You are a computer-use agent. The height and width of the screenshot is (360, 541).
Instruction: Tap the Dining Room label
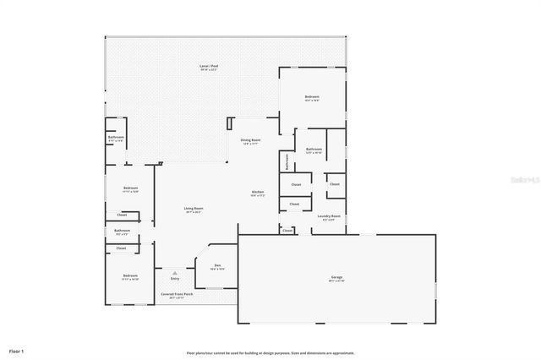coord(250,140)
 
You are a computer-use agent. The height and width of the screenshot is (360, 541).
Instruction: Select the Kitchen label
coord(258,193)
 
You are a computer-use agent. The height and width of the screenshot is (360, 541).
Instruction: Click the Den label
coord(217,265)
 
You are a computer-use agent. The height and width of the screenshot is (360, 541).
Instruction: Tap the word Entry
coord(174,279)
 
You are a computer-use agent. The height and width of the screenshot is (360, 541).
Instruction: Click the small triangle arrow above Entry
coord(174,272)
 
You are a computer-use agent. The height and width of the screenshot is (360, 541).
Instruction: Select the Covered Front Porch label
coord(177,294)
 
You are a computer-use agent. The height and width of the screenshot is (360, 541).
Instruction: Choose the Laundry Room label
coord(329,216)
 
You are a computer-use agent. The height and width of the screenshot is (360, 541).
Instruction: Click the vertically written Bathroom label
coord(287,161)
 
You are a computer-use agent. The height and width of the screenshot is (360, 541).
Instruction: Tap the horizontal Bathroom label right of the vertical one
coord(314,149)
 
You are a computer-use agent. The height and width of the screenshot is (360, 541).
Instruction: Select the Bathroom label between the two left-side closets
coord(123,230)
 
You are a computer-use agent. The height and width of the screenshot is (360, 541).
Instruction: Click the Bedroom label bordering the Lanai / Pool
coord(312,97)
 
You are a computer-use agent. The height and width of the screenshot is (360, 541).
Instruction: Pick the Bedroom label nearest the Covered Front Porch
coord(129,275)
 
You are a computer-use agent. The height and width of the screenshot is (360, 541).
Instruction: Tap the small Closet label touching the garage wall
coord(287,230)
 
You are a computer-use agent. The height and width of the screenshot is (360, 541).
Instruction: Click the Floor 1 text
coord(17,350)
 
